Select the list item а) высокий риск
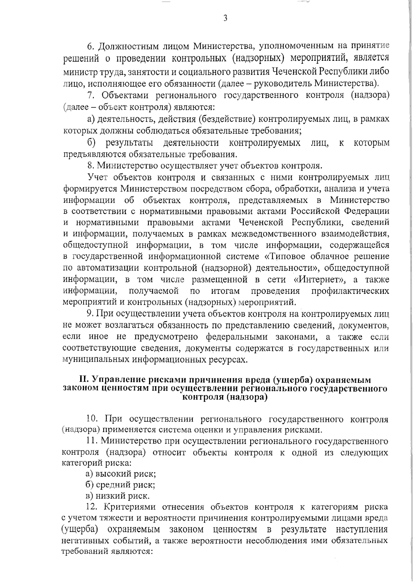pyautogui.click(x=121, y=474)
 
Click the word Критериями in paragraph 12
pyautogui.click(x=129, y=507)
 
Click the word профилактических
pyautogui.click(x=350, y=291)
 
